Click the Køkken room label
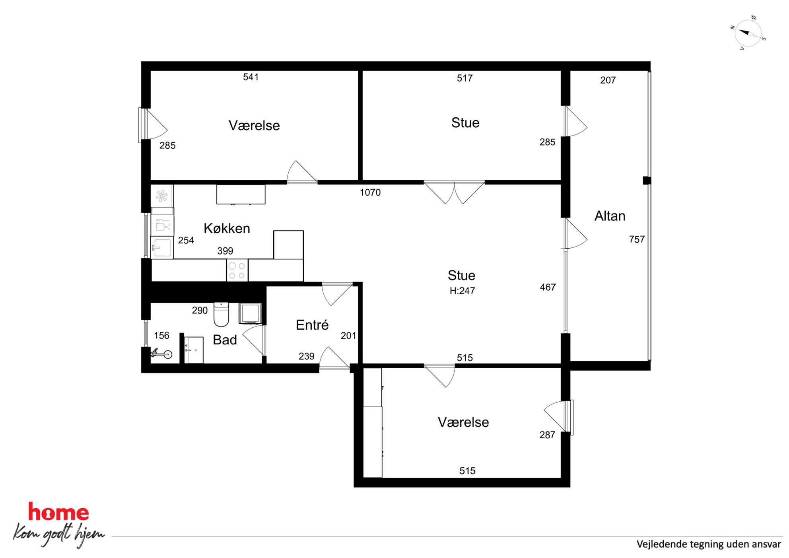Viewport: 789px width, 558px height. (x=227, y=228)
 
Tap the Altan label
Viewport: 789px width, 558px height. (x=610, y=216)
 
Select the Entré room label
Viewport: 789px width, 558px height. (x=312, y=325)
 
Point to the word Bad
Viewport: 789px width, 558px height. (x=225, y=340)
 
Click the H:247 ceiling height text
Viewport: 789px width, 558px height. (x=462, y=291)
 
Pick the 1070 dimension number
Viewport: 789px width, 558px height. (x=370, y=192)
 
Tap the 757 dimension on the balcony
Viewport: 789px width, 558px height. (x=637, y=239)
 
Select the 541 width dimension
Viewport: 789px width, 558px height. (x=251, y=77)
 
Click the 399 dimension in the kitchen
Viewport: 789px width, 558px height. (x=225, y=251)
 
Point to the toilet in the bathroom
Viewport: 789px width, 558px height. (x=222, y=314)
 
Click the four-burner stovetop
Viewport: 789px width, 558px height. (x=237, y=270)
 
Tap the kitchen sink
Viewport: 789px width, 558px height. (x=162, y=247)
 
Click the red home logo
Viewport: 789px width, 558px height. (x=58, y=512)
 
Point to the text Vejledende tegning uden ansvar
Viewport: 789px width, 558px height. (x=709, y=544)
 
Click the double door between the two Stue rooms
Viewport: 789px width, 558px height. (x=454, y=192)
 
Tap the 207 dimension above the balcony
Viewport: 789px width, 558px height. (x=608, y=80)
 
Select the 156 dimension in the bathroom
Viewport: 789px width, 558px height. (x=161, y=336)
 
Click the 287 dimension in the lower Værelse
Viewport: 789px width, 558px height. (x=547, y=435)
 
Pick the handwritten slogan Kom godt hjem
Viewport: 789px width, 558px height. (x=59, y=534)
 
